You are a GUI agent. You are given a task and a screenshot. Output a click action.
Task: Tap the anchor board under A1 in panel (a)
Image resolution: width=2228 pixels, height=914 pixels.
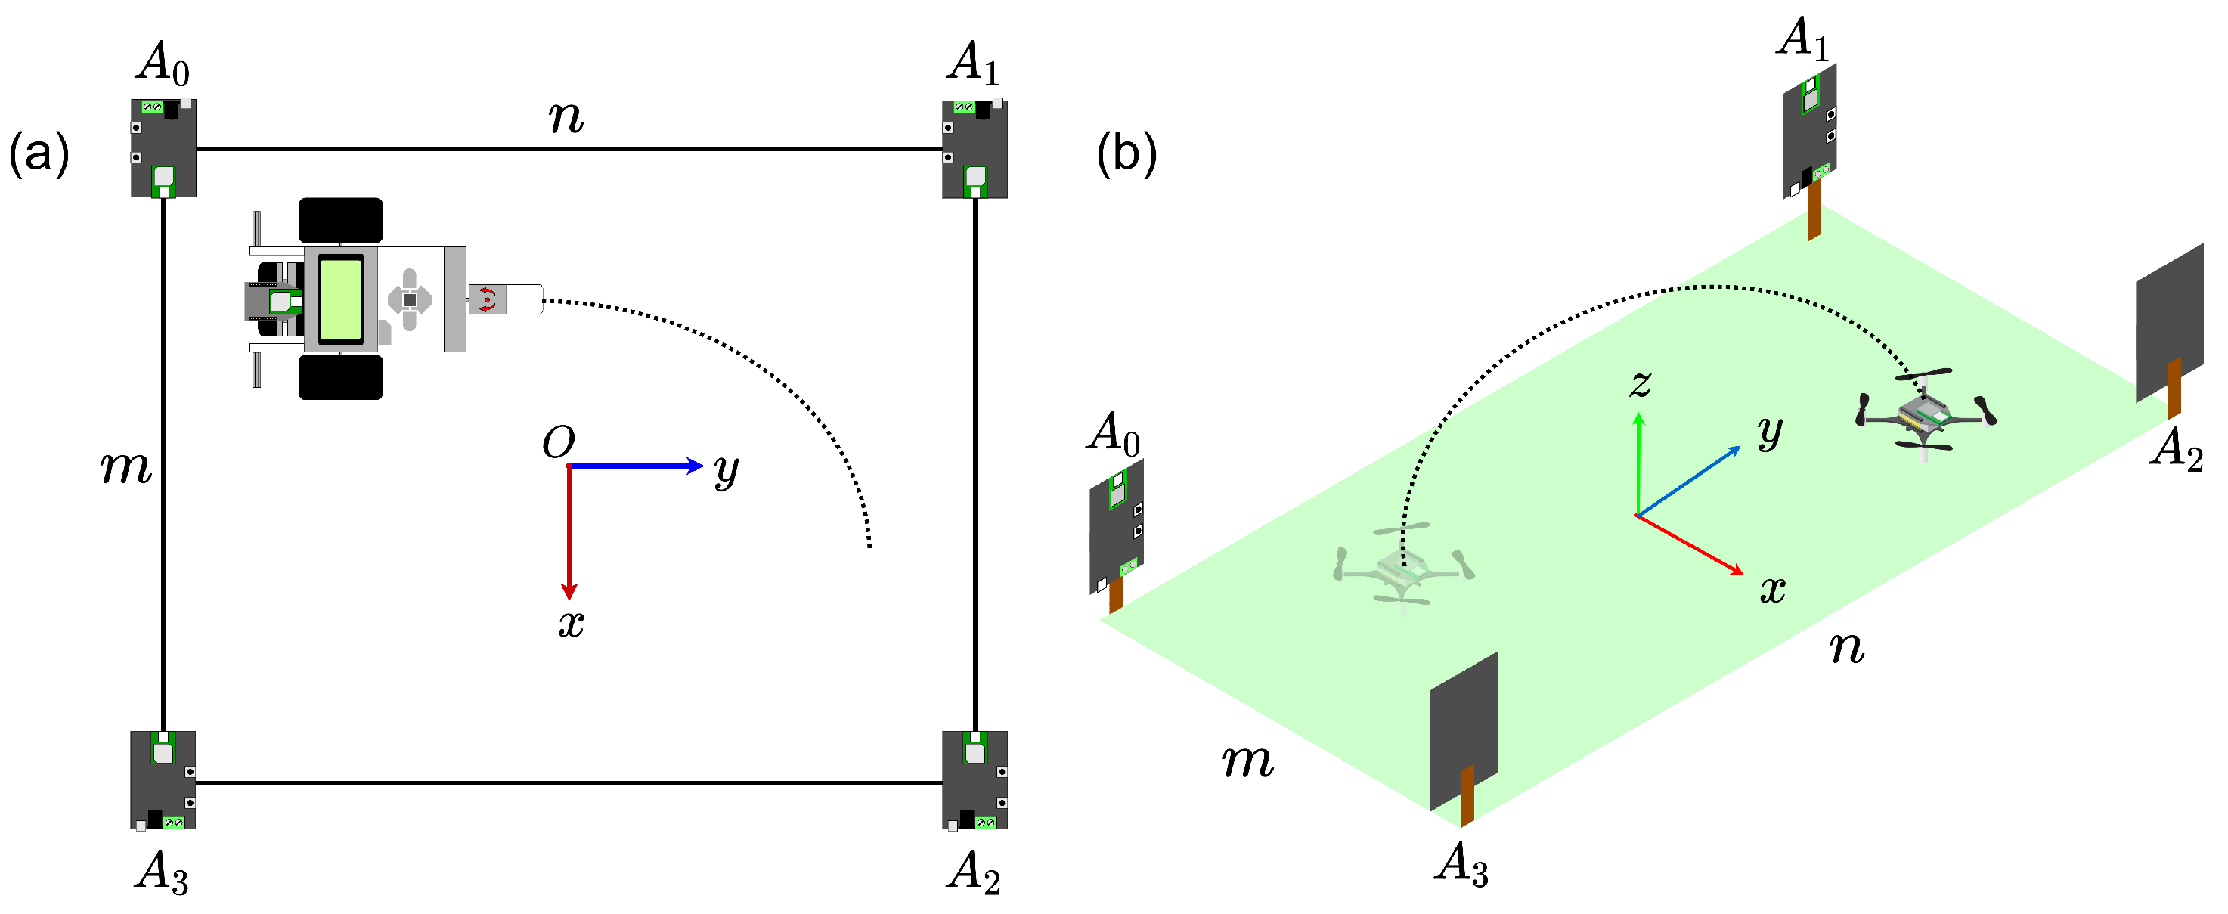pyautogui.click(x=974, y=149)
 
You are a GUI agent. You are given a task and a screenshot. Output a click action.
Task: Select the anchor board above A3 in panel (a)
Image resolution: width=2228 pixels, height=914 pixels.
pyautogui.click(x=163, y=779)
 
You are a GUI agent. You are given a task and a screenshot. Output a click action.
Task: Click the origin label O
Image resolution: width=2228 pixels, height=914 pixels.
pyautogui.click(x=558, y=443)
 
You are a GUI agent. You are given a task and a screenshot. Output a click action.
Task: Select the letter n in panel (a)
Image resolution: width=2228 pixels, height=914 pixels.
pyautogui.click(x=566, y=116)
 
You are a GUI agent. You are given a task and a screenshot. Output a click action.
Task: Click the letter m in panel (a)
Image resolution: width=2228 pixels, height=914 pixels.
pyautogui.click(x=126, y=468)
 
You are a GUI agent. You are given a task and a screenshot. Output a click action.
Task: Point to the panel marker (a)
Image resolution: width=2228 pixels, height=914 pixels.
pyautogui.click(x=39, y=156)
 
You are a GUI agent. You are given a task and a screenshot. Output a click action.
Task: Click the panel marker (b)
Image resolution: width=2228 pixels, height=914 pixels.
pyautogui.click(x=1126, y=156)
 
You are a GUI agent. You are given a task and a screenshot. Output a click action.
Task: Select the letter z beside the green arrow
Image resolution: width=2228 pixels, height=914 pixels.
pyautogui.click(x=1640, y=383)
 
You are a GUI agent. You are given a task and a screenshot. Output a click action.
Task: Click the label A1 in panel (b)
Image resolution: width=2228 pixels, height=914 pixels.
pyautogui.click(x=1803, y=39)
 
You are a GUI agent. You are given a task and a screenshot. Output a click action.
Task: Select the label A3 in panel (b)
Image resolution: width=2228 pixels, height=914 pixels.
pyautogui.click(x=1461, y=864)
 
